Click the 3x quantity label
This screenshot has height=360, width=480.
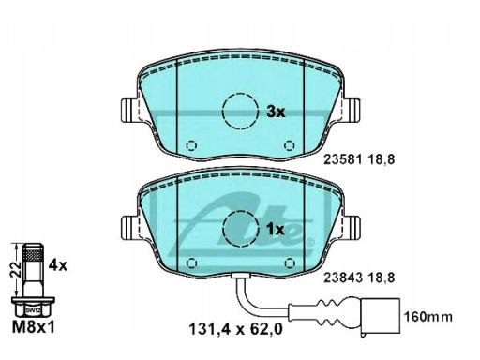pos(276,112)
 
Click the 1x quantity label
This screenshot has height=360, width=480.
pos(275,230)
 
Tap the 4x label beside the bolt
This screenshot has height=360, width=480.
pos(58,265)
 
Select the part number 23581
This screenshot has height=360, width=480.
pos(342,159)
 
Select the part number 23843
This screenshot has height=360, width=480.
pos(343,277)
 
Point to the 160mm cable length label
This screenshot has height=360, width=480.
pos(428,317)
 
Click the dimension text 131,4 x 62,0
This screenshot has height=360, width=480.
pos(236,329)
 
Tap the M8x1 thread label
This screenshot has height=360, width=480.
pos(33,327)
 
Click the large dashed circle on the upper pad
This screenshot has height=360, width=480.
pos(240,111)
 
